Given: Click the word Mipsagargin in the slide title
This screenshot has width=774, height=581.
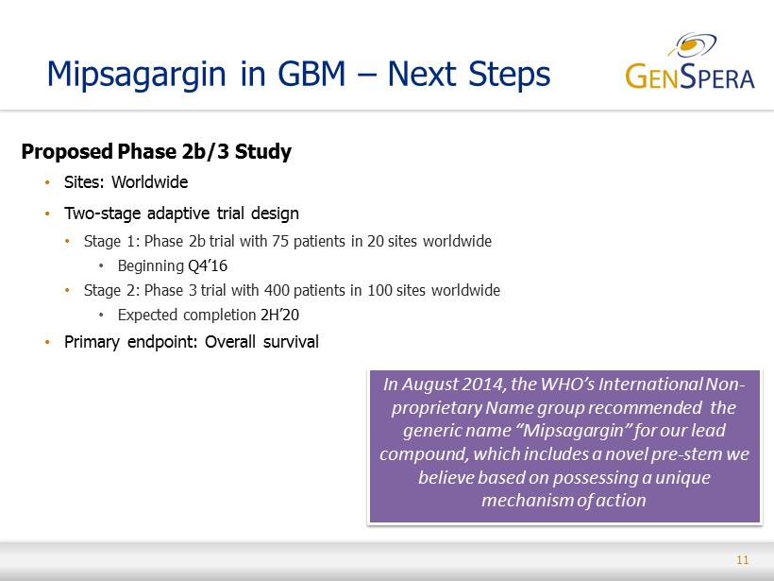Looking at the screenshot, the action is point(136,75).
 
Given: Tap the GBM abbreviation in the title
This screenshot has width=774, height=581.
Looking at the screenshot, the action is point(311,74).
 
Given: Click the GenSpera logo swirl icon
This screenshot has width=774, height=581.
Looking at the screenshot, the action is point(692,44).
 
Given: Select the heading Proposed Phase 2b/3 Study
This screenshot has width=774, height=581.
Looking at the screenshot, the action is point(157,151).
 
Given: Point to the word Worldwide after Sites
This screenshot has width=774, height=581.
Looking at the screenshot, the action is point(149,182).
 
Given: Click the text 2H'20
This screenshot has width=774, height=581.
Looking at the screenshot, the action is point(280,315).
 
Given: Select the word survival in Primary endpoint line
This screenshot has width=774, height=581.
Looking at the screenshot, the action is point(291,342).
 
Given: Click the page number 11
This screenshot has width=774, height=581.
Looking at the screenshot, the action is point(743,560).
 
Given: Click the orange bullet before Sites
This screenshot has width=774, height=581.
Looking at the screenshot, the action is point(47,182).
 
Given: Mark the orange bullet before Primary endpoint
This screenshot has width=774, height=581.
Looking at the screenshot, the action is point(47,342).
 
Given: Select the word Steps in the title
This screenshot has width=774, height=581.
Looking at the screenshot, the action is point(509,75).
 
